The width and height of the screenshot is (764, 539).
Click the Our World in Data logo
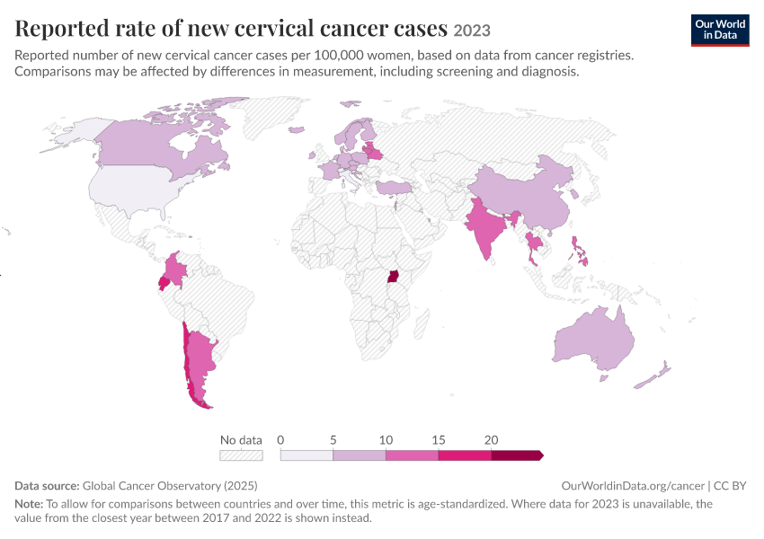(720, 31)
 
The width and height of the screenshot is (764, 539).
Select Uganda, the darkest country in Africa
(393, 276)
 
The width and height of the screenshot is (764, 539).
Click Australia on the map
(594, 340)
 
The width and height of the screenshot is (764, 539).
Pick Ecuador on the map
(164, 283)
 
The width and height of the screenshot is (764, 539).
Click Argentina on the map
(200, 360)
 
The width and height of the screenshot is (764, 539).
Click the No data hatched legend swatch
(241, 455)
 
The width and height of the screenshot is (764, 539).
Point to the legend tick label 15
(438, 440)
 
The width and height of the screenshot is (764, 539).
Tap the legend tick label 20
(491, 440)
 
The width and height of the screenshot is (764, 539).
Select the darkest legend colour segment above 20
(517, 455)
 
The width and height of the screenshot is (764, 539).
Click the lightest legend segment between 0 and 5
(306, 455)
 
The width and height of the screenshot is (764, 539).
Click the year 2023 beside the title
(472, 31)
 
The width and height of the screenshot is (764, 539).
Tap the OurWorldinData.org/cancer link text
(633, 485)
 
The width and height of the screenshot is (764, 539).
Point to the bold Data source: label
(47, 485)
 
